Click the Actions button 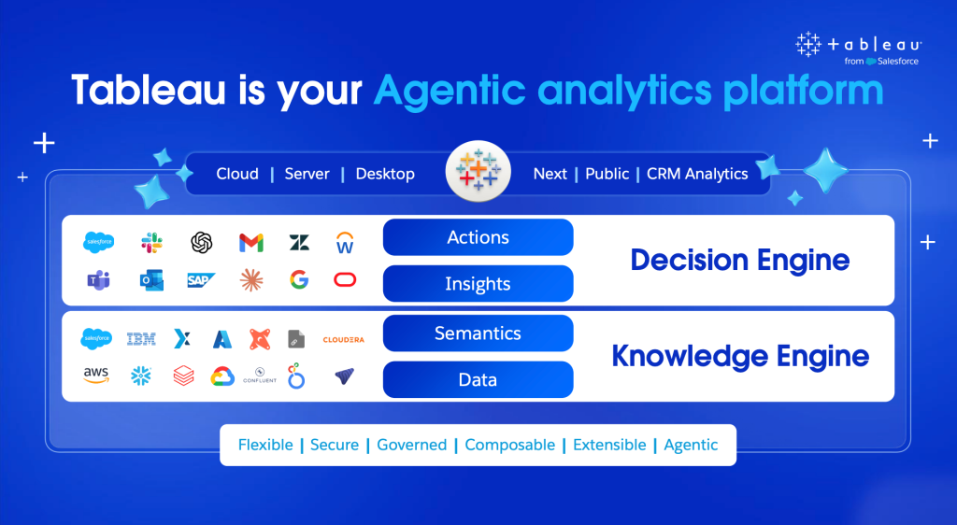(x=478, y=237)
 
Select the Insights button (x=478, y=284)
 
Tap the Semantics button (x=478, y=333)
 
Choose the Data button (x=478, y=379)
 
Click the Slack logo (x=152, y=243)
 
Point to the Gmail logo (x=251, y=243)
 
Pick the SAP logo (x=201, y=280)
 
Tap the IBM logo (x=141, y=339)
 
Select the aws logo (x=96, y=375)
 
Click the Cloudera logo (x=344, y=340)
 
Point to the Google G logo (x=299, y=280)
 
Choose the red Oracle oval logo (x=345, y=280)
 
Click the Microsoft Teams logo (x=98, y=280)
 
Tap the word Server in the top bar (x=307, y=174)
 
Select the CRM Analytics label (x=697, y=175)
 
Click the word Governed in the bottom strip (x=412, y=445)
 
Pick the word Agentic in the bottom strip (x=691, y=446)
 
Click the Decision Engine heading (x=740, y=261)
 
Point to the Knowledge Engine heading (x=740, y=356)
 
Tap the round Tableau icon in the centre (x=478, y=171)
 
